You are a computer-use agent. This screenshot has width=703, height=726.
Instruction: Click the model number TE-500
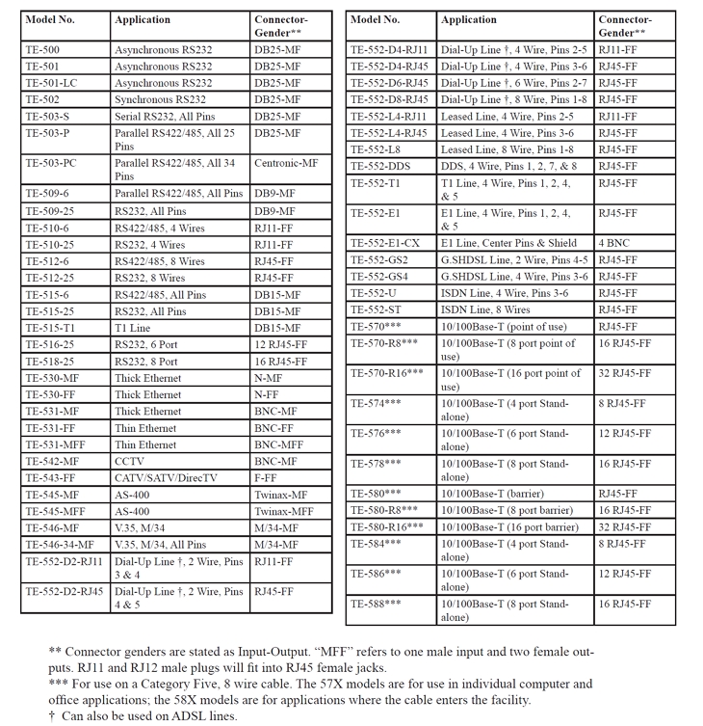(42, 49)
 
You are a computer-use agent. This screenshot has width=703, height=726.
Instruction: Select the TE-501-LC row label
(51, 83)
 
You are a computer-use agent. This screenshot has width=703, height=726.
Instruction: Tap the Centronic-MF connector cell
(286, 163)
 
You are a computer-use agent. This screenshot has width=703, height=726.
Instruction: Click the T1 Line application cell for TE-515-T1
(133, 328)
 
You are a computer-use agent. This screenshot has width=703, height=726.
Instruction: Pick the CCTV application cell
(132, 461)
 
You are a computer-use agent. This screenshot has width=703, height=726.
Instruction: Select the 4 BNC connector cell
(614, 244)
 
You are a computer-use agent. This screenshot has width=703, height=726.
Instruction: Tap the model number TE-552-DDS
(381, 166)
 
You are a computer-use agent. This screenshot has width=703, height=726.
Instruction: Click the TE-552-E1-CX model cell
(385, 244)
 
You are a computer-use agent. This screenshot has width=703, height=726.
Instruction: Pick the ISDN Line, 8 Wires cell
(485, 309)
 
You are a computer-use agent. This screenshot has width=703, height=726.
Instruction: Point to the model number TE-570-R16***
(387, 373)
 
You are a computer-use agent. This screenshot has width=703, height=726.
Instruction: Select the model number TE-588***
(376, 604)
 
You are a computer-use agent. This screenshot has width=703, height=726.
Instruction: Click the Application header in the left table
(143, 20)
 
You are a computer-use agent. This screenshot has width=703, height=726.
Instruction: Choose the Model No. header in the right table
(376, 20)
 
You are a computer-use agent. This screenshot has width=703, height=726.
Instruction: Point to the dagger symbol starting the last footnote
(52, 715)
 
